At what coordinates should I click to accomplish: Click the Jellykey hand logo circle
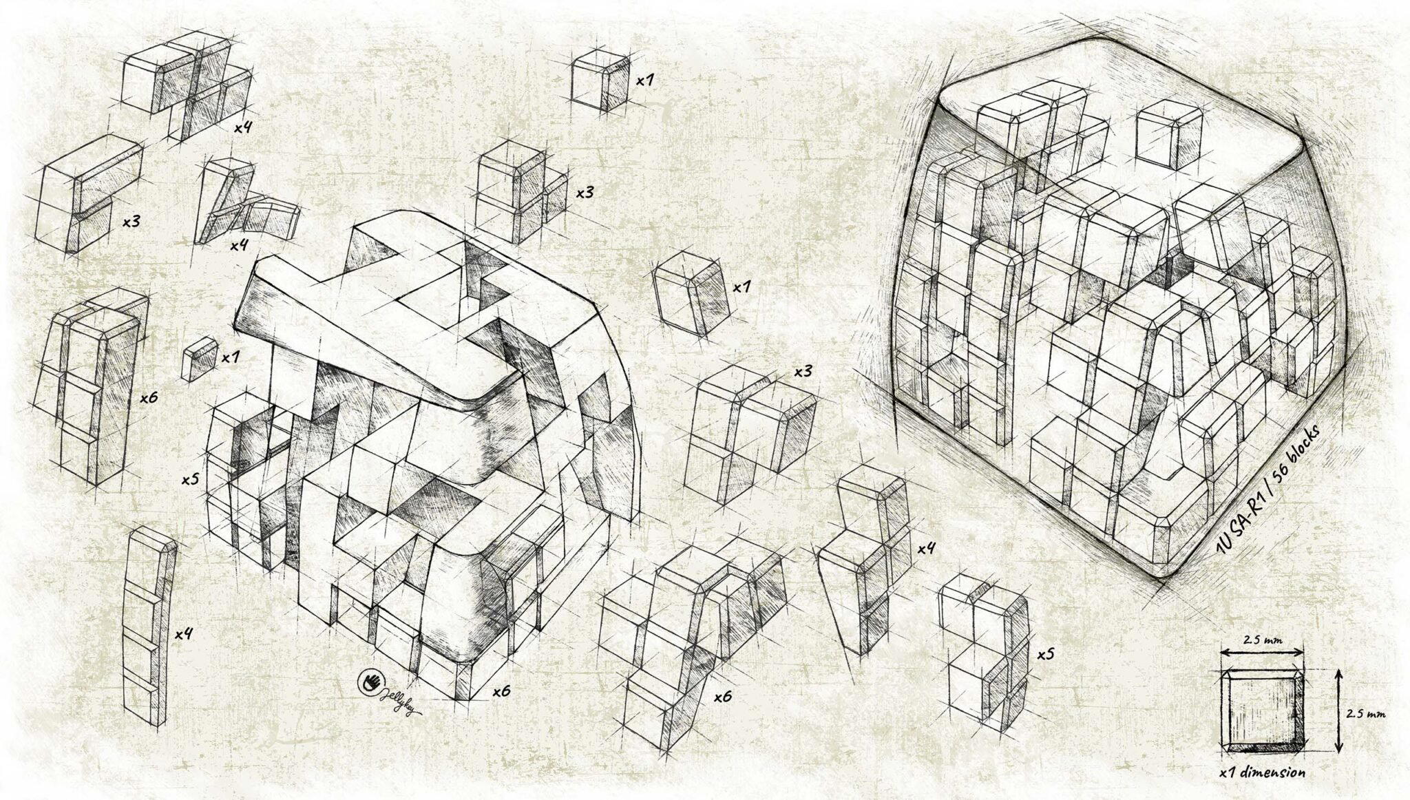[372, 682]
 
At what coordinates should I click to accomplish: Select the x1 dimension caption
[1262, 772]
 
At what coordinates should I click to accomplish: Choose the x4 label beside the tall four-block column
[183, 633]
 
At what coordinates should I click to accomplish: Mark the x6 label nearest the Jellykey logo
[502, 691]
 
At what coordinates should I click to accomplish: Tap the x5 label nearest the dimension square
[1045, 653]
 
